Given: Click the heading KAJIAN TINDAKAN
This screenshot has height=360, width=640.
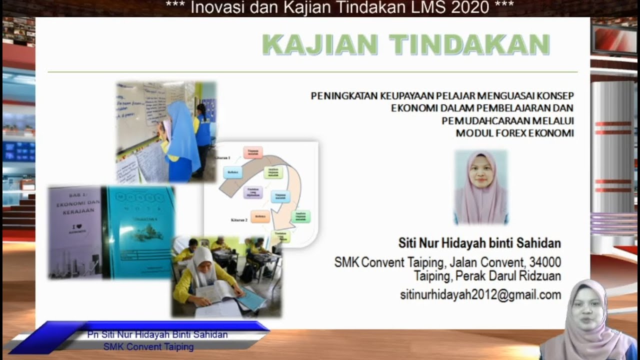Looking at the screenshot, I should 405,45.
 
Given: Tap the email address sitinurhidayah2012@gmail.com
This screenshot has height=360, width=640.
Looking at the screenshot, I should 480,295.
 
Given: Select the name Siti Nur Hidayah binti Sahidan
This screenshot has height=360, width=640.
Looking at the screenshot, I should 479,243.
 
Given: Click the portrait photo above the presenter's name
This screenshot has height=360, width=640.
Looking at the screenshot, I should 481,186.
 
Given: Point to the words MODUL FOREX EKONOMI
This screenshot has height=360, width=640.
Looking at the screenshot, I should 514,133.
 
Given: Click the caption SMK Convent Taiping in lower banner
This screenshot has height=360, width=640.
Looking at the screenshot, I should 148,346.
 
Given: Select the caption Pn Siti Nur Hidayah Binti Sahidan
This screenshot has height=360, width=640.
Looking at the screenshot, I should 157,334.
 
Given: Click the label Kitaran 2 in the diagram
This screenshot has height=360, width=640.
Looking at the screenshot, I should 239,220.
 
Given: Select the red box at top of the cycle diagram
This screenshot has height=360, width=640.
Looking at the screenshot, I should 253,151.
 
